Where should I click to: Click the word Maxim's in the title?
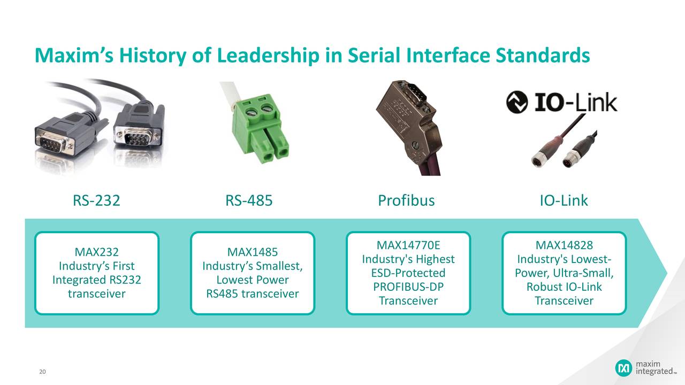tap(71, 55)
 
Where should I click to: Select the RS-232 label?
tap(96, 201)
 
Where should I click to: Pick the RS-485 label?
tap(249, 201)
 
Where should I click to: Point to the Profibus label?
tap(406, 201)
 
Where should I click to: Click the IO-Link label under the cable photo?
tap(564, 201)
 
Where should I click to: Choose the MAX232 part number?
tap(96, 251)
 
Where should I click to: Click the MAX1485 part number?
tap(252, 251)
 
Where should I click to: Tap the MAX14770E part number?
tap(408, 245)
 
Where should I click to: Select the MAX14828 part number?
tap(564, 245)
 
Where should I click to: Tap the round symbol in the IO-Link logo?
tap(516, 102)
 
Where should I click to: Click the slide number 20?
tap(42, 372)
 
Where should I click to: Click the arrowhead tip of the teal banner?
tap(666, 273)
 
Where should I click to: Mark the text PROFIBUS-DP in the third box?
tap(408, 287)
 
